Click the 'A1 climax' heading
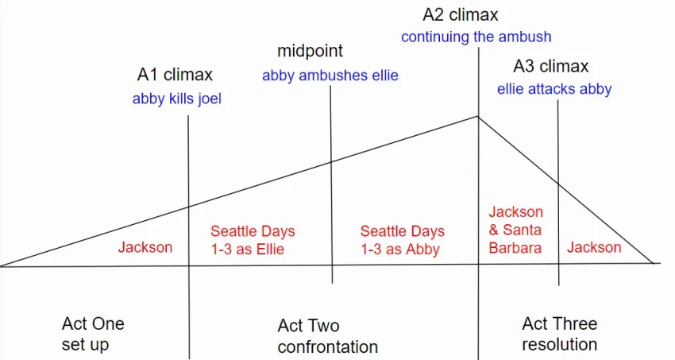click(x=175, y=75)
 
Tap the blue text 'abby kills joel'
click(x=177, y=99)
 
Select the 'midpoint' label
click(x=310, y=51)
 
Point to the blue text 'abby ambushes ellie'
click(x=330, y=75)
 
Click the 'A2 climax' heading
click(x=460, y=14)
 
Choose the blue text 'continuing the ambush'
click(x=476, y=37)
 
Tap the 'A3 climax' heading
click(x=550, y=66)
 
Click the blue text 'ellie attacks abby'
click(x=554, y=89)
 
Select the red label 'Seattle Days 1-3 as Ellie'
click(x=253, y=240)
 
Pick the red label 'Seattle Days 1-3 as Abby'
click(x=403, y=240)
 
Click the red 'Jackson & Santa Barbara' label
click(x=515, y=230)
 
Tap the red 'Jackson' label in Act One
click(x=145, y=248)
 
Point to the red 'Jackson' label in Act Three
click(x=594, y=248)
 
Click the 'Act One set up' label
click(x=93, y=334)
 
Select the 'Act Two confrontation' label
click(x=328, y=336)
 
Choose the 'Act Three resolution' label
click(x=560, y=334)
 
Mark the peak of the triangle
click(x=478, y=116)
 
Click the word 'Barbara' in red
click(x=515, y=249)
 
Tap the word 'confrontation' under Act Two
click(x=328, y=346)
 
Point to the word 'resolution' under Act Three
click(x=560, y=344)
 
